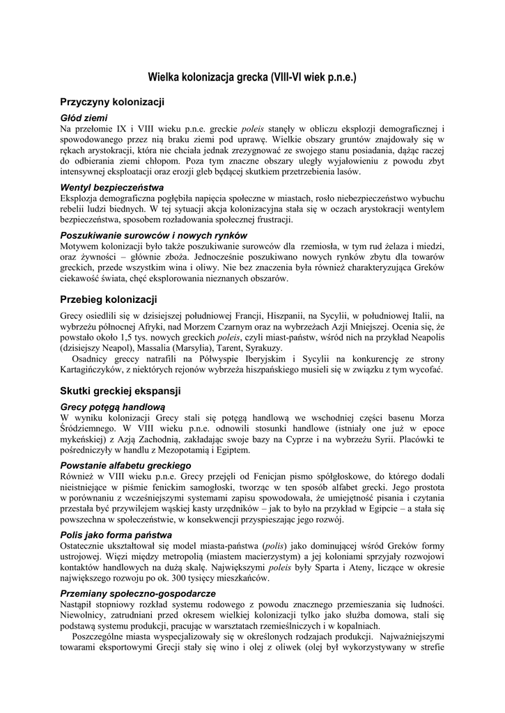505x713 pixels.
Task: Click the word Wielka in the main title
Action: tap(165, 77)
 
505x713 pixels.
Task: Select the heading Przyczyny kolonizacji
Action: tap(111, 102)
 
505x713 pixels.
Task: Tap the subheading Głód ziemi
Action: tap(84, 118)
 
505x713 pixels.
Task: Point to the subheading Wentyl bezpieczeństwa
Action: tap(111, 187)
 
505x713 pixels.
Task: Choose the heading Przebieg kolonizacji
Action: tap(108, 299)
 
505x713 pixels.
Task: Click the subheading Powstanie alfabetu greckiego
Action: tap(125, 464)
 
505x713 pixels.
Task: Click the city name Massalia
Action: tap(166, 347)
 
